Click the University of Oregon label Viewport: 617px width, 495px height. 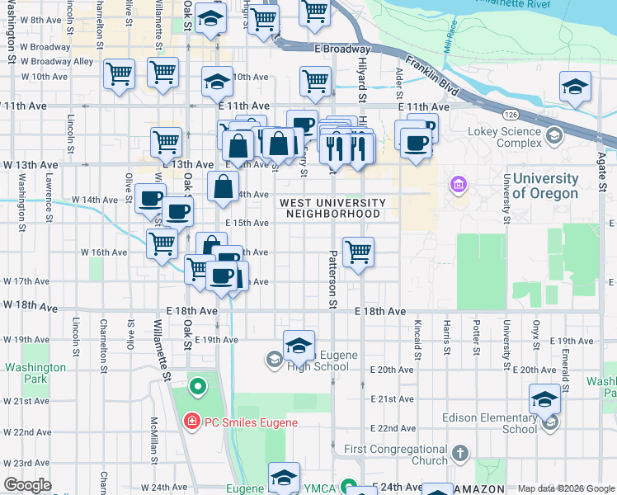click(545, 186)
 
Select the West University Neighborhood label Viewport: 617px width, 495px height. click(332, 208)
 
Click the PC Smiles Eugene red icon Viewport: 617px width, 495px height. click(191, 422)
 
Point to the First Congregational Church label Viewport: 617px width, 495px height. click(395, 455)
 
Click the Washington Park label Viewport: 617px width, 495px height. click(34, 373)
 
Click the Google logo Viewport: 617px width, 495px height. click(26, 485)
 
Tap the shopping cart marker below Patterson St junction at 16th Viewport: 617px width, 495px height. click(358, 252)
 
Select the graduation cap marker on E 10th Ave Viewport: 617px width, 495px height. click(218, 82)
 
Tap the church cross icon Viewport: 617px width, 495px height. click(460, 454)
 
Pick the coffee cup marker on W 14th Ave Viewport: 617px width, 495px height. click(150, 198)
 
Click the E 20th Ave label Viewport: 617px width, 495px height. click(393, 370)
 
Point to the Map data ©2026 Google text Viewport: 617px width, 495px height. click(565, 488)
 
